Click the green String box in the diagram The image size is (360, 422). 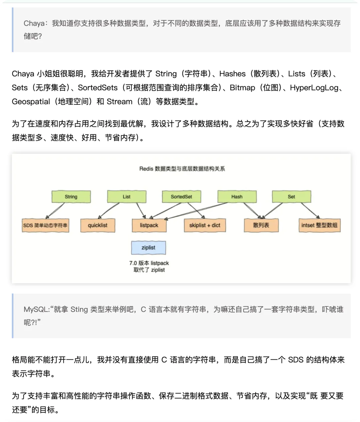tap(71, 197)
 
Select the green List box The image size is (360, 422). tap(127, 197)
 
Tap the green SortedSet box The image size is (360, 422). tap(181, 197)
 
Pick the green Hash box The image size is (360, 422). tap(237, 197)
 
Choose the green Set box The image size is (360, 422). tap(291, 197)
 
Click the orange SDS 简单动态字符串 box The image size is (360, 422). tap(45, 225)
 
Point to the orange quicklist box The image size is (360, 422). tap(98, 225)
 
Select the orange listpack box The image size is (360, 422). tap(149, 225)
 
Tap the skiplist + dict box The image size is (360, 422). tap(205, 225)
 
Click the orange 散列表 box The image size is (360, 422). tap(261, 225)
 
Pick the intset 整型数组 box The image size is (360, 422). tap(319, 225)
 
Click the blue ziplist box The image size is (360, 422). tap(148, 248)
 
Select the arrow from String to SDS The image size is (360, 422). tap(55, 211)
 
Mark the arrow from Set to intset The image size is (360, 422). tap(310, 210)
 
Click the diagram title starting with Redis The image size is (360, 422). tap(182, 169)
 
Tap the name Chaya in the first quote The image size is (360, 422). tap(34, 23)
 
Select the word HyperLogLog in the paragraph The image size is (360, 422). tap(314, 88)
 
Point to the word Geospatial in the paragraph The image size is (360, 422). tap(31, 102)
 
